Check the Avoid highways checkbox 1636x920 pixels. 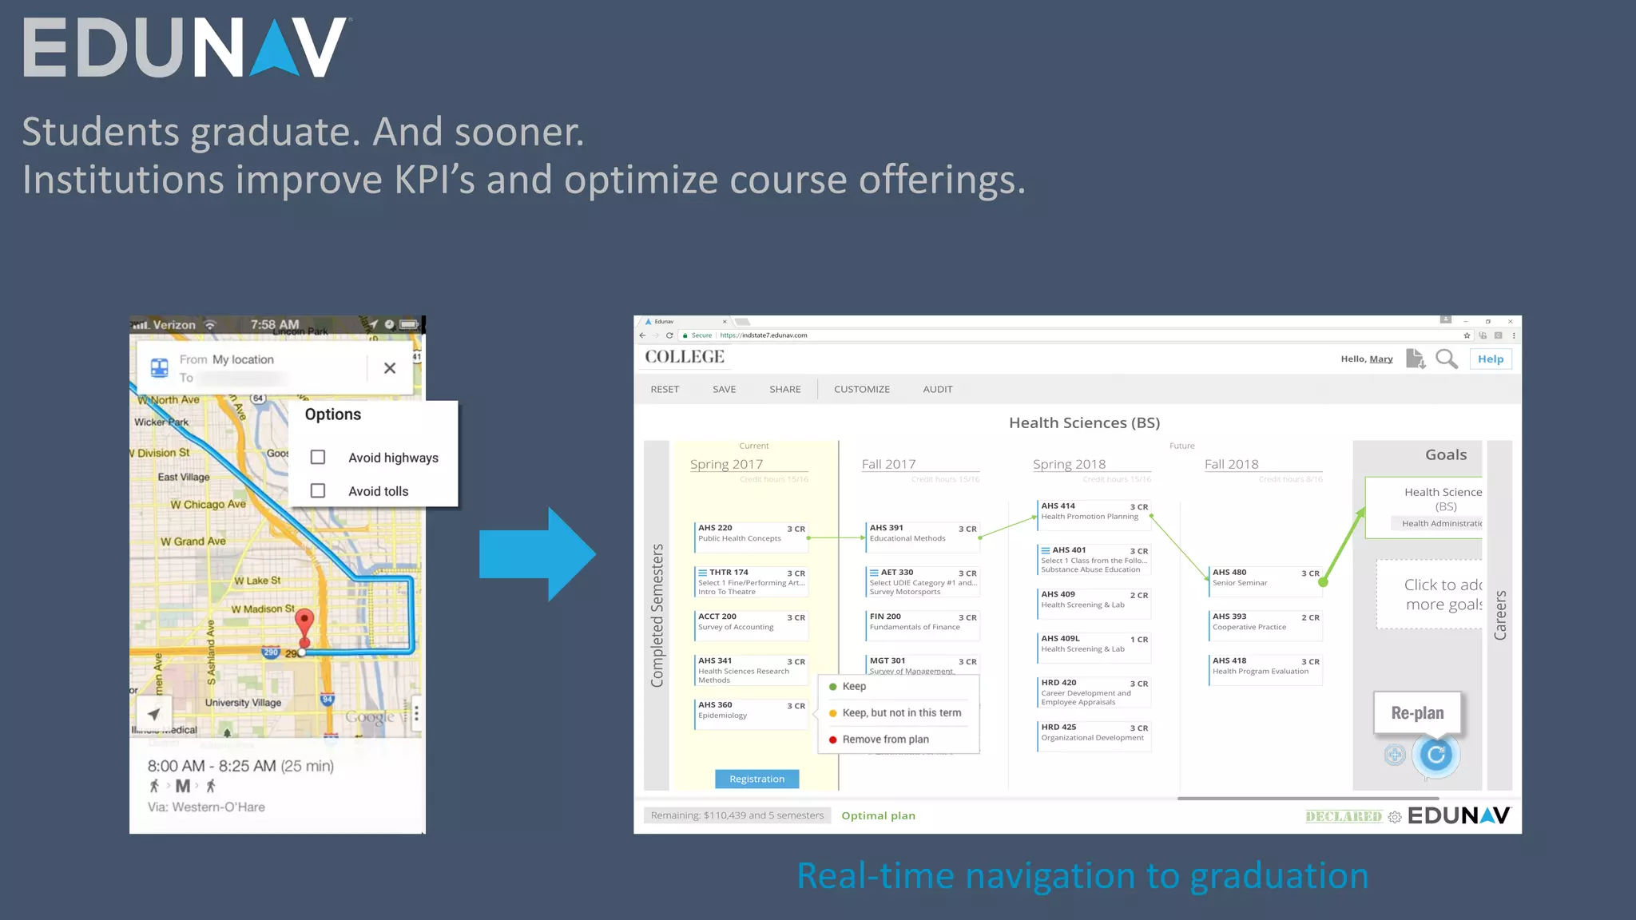[x=318, y=458]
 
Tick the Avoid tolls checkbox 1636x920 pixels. [x=318, y=491]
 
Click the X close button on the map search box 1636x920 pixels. [x=390, y=368]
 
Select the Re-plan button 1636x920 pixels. [x=1417, y=713]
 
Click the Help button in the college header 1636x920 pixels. [x=1491, y=359]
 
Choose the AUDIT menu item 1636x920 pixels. [x=938, y=390]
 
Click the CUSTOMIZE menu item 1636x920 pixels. [x=862, y=390]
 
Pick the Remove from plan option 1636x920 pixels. [x=885, y=740]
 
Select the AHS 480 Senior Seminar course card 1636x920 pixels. [x=1265, y=578]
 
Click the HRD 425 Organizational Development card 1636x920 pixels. [x=1094, y=733]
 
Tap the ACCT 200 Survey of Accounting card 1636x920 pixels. [x=751, y=622]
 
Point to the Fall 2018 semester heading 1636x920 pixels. [x=1231, y=465]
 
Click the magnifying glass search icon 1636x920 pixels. [x=1446, y=359]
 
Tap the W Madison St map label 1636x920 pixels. [x=263, y=609]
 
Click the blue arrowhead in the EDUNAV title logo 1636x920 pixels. [x=275, y=50]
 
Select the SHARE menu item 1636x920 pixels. [x=785, y=390]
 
